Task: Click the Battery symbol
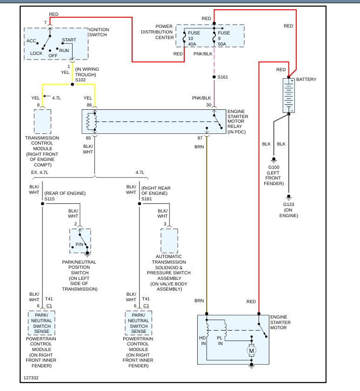click(289, 95)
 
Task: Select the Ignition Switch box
click(56, 44)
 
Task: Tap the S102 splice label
click(81, 80)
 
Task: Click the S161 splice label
click(223, 77)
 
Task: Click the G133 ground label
click(289, 204)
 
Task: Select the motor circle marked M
click(252, 351)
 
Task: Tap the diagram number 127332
click(32, 378)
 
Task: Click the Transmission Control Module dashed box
click(42, 121)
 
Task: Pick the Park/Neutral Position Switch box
click(80, 241)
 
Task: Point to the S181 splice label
click(147, 199)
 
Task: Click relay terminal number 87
click(200, 139)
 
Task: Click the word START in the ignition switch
click(69, 40)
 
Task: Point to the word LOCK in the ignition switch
click(36, 53)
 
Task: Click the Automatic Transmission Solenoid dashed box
click(169, 241)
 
